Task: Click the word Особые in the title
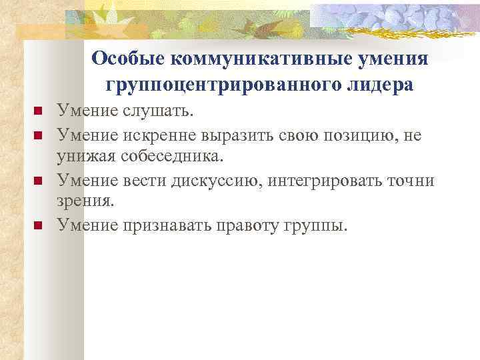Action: coord(128,59)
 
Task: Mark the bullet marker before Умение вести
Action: coord(38,180)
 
